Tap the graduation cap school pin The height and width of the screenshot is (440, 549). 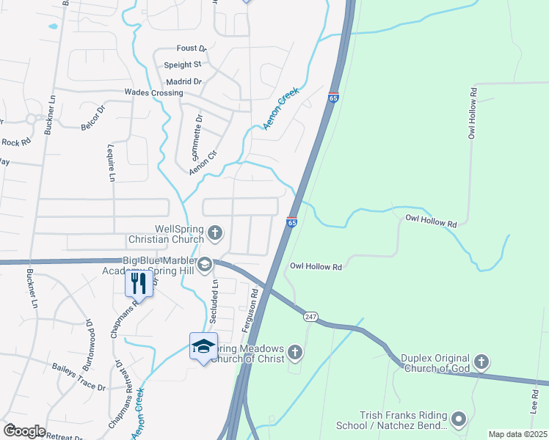(x=203, y=346)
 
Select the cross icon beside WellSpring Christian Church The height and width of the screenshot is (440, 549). (x=215, y=233)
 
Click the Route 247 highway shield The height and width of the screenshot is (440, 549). (x=310, y=316)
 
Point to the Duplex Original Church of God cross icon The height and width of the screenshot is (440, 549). (x=481, y=361)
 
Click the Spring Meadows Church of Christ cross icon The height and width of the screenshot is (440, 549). (x=295, y=353)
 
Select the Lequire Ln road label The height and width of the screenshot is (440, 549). (x=112, y=162)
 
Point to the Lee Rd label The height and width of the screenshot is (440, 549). (x=534, y=400)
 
